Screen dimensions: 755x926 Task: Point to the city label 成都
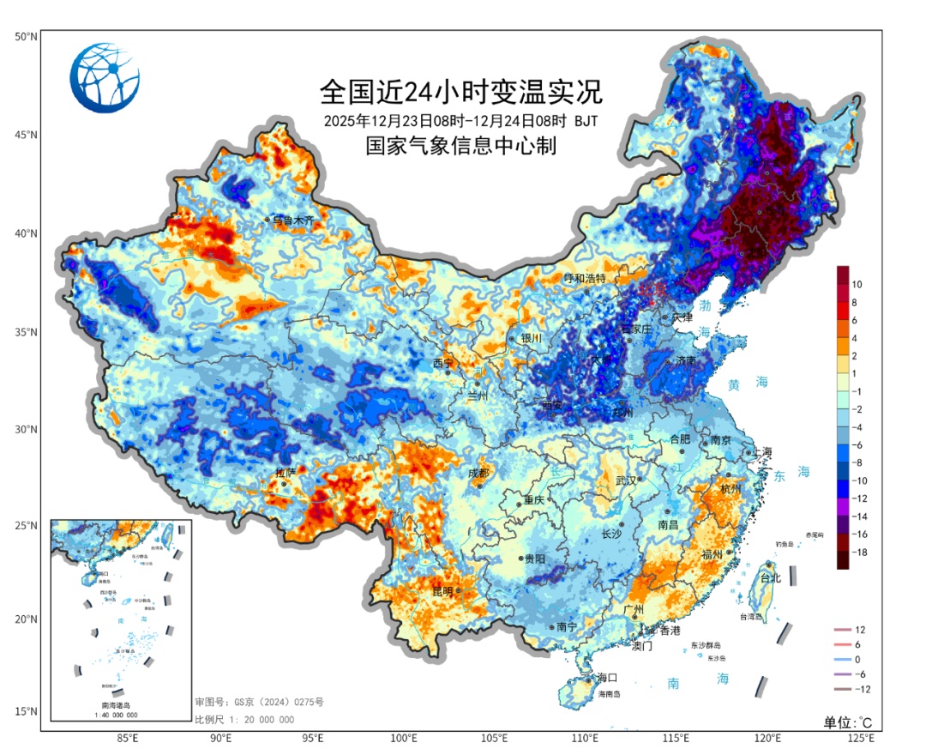pyautogui.click(x=478, y=473)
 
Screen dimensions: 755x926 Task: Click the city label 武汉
pyautogui.click(x=628, y=480)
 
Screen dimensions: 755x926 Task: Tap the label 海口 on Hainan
pyautogui.click(x=607, y=678)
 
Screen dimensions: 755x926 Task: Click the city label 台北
pyautogui.click(x=771, y=578)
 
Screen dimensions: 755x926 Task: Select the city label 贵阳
pyautogui.click(x=534, y=559)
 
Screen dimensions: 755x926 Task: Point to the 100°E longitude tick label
pyautogui.click(x=404, y=738)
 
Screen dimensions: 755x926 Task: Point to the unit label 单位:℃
pyautogui.click(x=848, y=721)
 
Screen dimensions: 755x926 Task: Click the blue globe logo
pyautogui.click(x=105, y=76)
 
